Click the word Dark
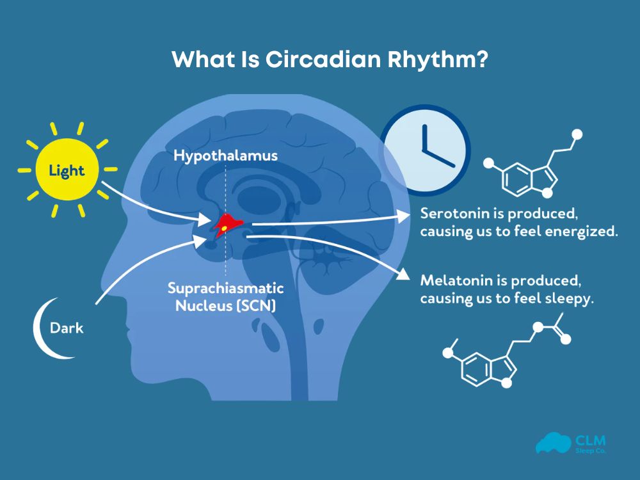(x=67, y=329)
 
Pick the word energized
(x=586, y=231)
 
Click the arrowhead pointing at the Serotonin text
(x=404, y=216)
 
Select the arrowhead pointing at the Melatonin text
(x=403, y=275)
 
